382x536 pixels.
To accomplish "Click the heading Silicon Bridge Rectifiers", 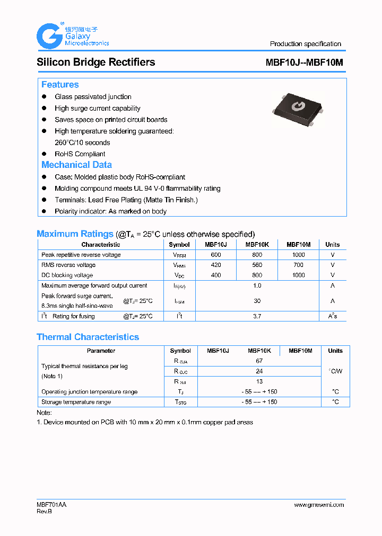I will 95,62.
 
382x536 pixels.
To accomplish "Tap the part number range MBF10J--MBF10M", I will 304,62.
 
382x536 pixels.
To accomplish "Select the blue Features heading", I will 60,85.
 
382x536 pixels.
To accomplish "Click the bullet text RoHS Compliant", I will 80,154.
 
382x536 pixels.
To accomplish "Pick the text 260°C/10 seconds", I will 82,142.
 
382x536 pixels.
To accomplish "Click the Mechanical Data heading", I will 76,165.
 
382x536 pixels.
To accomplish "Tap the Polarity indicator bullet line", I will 110,211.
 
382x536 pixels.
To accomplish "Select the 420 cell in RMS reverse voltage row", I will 216,265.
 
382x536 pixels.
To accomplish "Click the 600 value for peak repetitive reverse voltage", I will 216,255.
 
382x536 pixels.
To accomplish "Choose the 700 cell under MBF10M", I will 298,265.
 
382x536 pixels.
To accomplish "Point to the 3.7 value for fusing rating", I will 257,316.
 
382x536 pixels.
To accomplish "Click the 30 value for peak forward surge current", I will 257,301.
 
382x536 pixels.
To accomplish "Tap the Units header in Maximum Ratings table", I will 333,245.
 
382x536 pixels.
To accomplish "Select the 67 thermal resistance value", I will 259,361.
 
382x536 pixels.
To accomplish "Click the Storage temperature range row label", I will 76,402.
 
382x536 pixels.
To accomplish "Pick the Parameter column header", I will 101,351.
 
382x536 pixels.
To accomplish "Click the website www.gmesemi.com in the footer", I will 319,505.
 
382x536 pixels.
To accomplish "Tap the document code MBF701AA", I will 51,505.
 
